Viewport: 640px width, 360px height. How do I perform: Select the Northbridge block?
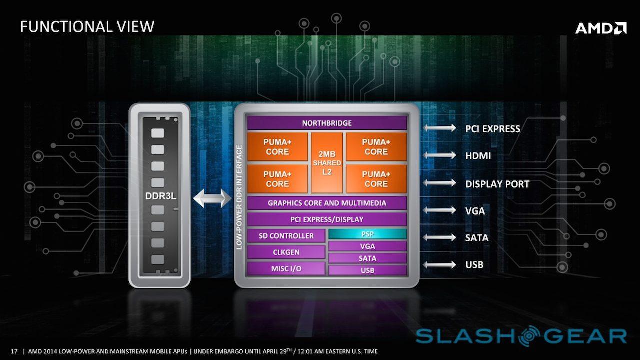point(327,123)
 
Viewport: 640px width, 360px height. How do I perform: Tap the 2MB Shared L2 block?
point(327,162)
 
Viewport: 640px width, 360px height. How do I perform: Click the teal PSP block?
point(367,234)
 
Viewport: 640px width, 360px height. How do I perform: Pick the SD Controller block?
point(286,236)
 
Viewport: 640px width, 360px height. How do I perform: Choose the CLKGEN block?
point(286,252)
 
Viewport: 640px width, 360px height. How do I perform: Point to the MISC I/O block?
point(286,268)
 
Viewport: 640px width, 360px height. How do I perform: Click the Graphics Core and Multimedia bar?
point(327,203)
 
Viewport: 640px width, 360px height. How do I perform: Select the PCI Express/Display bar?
point(327,219)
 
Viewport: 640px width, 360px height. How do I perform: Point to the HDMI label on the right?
point(478,156)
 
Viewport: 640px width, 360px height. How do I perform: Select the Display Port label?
point(497,184)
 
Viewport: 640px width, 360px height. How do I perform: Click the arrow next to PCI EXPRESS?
point(440,128)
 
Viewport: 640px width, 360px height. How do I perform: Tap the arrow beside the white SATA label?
point(440,238)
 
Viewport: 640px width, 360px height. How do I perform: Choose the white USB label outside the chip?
point(474,265)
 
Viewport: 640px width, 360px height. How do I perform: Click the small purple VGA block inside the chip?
point(367,246)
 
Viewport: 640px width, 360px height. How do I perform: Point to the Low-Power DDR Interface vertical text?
point(240,197)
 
